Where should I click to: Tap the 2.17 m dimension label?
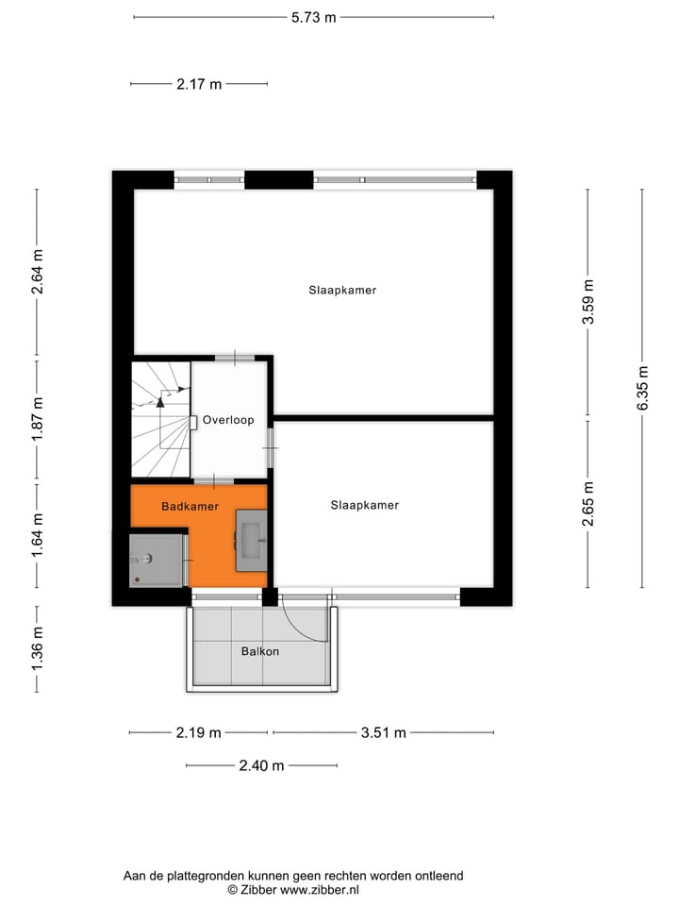[x=199, y=84]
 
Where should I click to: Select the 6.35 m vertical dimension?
[x=643, y=388]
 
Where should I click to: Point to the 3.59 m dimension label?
[x=588, y=302]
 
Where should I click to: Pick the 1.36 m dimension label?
[x=38, y=649]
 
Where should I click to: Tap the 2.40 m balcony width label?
[x=260, y=765]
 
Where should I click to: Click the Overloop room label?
[x=228, y=420]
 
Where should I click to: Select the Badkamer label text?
[x=190, y=507]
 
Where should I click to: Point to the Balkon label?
[x=260, y=651]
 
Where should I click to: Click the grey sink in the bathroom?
[x=251, y=540]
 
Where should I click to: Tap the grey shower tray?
[x=156, y=559]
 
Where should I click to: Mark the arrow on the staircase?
[x=161, y=400]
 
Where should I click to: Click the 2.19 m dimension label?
[x=198, y=732]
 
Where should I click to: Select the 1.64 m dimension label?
[x=38, y=536]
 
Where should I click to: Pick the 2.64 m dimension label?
[x=38, y=273]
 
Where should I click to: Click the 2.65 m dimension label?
[x=588, y=504]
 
